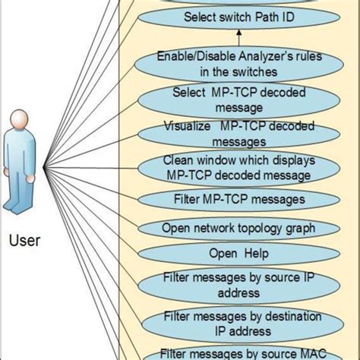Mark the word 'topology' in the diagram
point(251,226)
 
